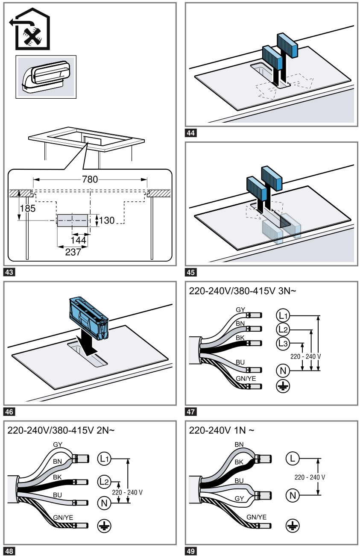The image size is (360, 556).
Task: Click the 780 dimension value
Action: [x=90, y=179]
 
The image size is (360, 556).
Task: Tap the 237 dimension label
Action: [x=73, y=252]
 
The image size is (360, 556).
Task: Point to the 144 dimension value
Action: [x=79, y=240]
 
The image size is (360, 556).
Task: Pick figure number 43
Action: [x=9, y=271]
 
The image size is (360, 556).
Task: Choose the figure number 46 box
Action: [x=9, y=412]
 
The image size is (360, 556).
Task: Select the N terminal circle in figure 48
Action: [x=104, y=503]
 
